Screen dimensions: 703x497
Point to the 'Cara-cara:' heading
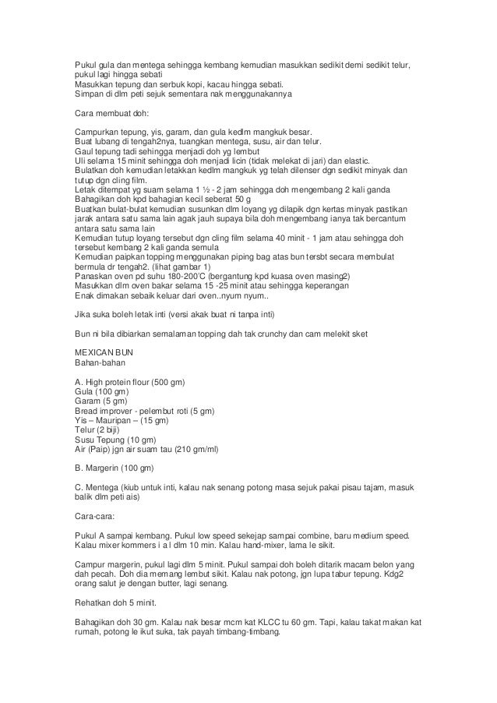click(x=93, y=514)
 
